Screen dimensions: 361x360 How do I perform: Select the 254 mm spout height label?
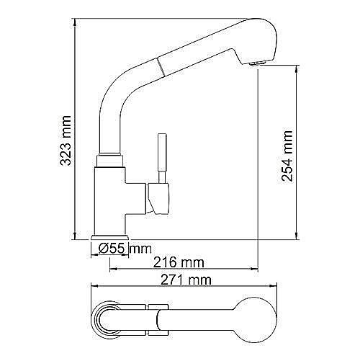[287, 154]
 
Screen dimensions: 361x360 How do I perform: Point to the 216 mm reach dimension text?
[180, 261]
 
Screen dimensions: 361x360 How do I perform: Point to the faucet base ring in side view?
[110, 237]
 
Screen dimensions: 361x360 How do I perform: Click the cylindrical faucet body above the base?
[109, 195]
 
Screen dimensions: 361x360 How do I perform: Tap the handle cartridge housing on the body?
[158, 197]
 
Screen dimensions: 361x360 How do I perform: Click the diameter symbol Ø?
[103, 249]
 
